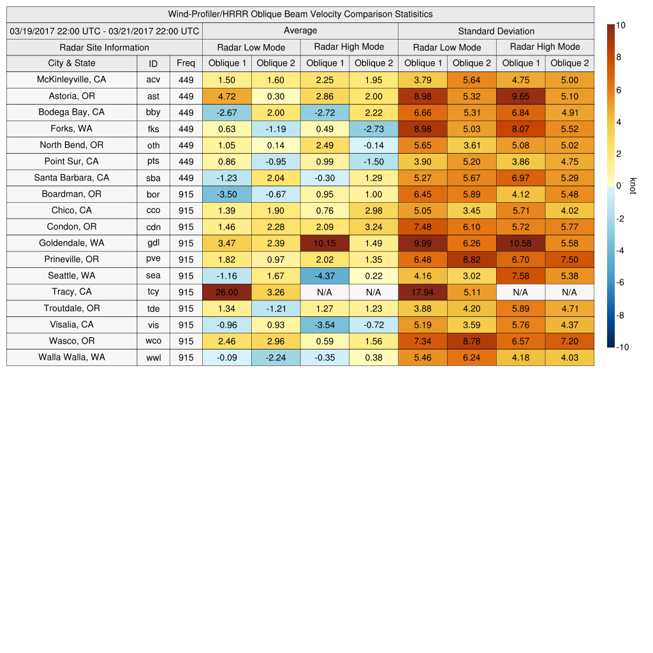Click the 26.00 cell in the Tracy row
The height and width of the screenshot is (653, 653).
[x=226, y=292]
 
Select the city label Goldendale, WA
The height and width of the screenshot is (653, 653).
[x=71, y=243]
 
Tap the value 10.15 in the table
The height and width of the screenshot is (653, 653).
[x=325, y=243]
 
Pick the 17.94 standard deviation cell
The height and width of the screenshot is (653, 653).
[x=422, y=292]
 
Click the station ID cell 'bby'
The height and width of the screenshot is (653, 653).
[x=153, y=113]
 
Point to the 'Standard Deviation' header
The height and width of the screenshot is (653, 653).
[x=496, y=31]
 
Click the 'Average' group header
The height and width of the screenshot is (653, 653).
[x=300, y=31]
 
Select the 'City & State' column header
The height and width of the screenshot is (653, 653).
[x=71, y=63]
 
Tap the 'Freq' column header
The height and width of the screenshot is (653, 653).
[x=186, y=63]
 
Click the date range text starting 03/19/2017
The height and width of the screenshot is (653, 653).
[x=105, y=31]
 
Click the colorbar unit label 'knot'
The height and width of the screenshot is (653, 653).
[x=633, y=186]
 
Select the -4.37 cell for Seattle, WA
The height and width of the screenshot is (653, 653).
[x=325, y=275]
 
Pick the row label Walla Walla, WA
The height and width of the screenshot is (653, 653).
[x=71, y=357]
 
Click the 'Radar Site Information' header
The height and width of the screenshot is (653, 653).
[x=104, y=47]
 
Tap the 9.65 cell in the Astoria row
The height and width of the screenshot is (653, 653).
[x=520, y=96]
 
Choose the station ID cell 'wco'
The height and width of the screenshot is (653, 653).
[x=153, y=341]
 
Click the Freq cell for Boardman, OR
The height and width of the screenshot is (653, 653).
[x=186, y=194]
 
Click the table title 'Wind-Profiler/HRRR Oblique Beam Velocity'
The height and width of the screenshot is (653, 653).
[x=300, y=14]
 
